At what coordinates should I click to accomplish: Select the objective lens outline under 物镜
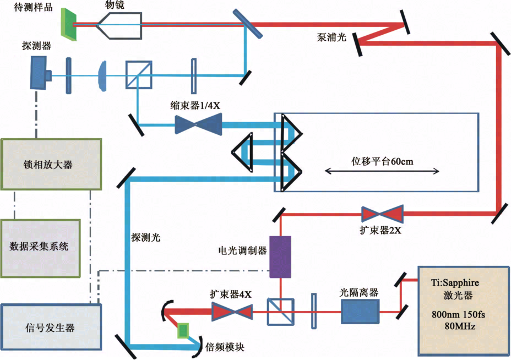click(120, 24)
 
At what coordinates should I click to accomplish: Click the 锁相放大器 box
click(51, 164)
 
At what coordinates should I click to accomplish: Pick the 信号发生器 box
click(50, 328)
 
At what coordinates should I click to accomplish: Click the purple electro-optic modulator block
click(280, 257)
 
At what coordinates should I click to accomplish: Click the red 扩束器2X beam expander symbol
click(382, 214)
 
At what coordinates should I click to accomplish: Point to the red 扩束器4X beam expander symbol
click(232, 313)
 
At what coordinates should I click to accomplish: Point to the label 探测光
click(146, 237)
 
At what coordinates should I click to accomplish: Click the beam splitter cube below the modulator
click(280, 313)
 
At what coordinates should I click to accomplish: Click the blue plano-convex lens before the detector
click(102, 74)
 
